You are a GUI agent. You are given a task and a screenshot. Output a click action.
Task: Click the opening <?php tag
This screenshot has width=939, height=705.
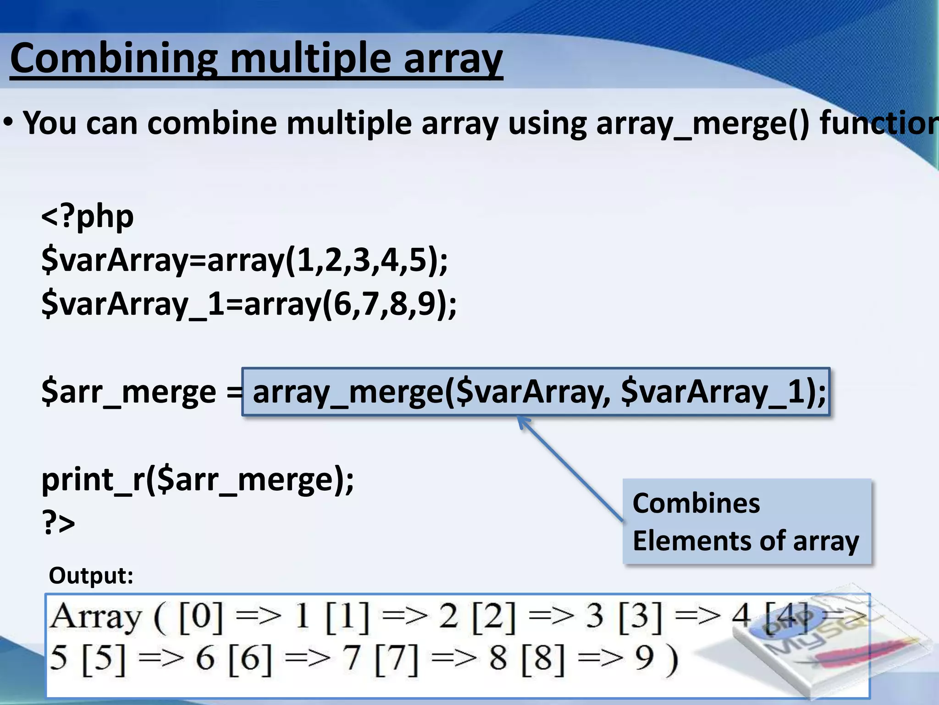tap(88, 216)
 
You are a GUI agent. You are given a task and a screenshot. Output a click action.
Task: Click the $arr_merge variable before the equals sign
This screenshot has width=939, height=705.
tap(128, 392)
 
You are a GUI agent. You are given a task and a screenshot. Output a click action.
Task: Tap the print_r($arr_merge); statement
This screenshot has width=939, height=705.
tap(198, 480)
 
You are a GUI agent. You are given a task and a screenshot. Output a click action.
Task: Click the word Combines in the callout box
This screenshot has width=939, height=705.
tap(696, 503)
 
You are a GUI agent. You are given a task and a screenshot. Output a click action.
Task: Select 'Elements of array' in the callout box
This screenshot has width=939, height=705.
tap(746, 541)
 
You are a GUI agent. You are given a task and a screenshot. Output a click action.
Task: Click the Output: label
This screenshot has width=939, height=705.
tap(91, 575)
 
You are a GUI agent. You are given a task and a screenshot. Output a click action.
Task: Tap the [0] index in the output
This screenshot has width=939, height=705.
tap(201, 617)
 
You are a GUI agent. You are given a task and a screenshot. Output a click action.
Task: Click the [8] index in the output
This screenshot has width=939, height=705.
tap(543, 659)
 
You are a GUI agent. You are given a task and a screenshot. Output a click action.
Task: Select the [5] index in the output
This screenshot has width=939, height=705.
tap(104, 659)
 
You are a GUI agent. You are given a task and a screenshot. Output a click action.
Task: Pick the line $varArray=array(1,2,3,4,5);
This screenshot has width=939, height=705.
tap(244, 260)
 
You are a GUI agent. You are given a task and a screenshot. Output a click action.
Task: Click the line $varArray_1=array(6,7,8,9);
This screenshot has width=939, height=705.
tap(249, 304)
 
